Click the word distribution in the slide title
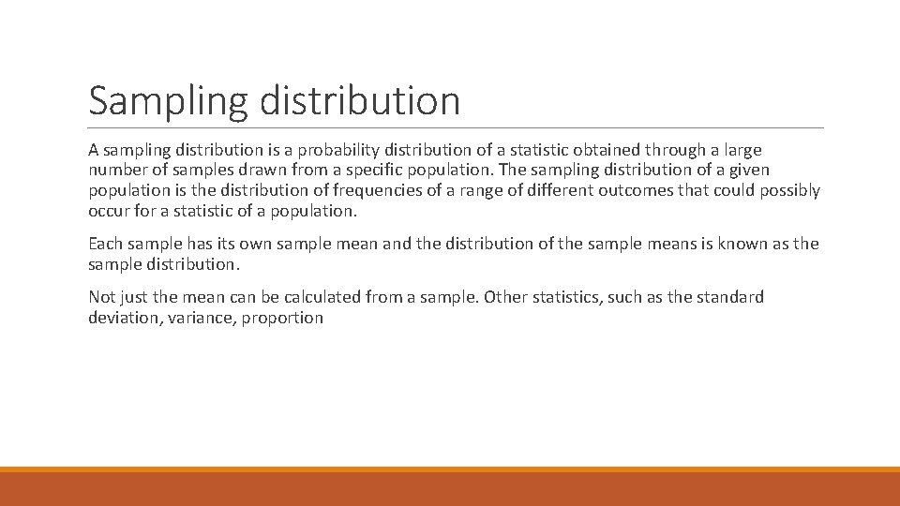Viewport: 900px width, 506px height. point(360,99)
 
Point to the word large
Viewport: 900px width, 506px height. point(740,150)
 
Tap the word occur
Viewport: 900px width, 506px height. point(109,212)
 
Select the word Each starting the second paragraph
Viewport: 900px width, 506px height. point(105,244)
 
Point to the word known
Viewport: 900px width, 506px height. point(741,244)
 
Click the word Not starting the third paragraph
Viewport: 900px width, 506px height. point(102,297)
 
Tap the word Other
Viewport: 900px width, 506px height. point(506,297)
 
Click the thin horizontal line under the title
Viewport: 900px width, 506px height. point(456,128)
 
